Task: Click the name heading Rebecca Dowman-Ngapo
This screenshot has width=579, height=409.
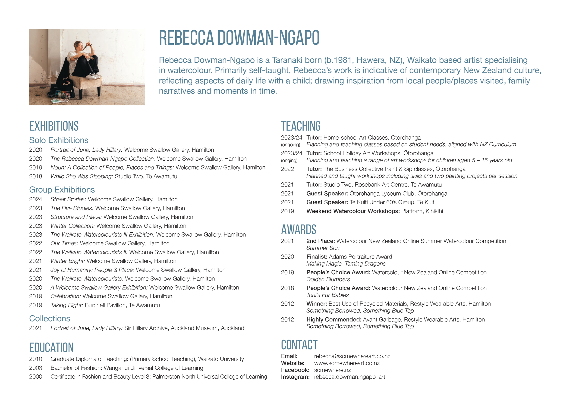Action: (x=239, y=38)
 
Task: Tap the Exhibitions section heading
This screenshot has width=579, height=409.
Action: (x=54, y=126)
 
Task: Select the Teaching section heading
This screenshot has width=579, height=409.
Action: (x=301, y=126)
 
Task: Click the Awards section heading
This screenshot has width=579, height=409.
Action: (x=299, y=229)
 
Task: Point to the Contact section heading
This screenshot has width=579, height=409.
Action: (x=299, y=345)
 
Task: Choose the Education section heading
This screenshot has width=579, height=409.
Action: (x=51, y=347)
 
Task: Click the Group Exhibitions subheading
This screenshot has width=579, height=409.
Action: (x=62, y=190)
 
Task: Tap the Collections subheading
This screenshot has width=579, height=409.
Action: (x=50, y=318)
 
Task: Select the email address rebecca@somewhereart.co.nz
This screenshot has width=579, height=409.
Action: (x=352, y=356)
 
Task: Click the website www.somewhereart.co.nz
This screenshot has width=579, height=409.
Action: (x=347, y=363)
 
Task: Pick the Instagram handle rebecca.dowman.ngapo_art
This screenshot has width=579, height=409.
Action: (x=349, y=377)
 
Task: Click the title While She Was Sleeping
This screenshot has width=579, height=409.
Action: (x=82, y=176)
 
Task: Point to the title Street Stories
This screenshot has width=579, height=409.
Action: (x=68, y=199)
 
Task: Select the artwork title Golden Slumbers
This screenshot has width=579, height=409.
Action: (x=328, y=279)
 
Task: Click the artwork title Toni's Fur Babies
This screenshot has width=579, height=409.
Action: (x=327, y=295)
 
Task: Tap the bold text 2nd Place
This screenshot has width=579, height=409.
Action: (x=320, y=241)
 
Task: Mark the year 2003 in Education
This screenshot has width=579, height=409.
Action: (x=36, y=368)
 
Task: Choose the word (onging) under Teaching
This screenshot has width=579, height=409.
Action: (x=289, y=161)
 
